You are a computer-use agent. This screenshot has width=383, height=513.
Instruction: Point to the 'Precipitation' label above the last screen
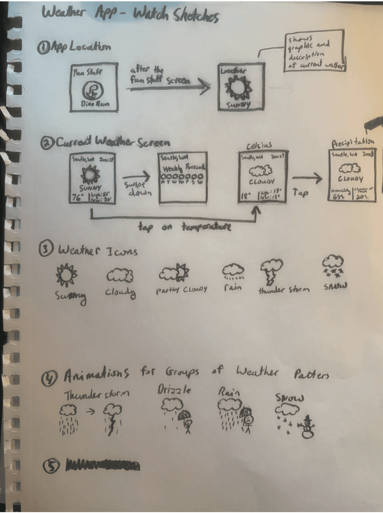click(352, 142)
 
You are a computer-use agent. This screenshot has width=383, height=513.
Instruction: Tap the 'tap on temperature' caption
click(184, 227)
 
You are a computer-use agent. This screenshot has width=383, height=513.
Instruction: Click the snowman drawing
click(307, 427)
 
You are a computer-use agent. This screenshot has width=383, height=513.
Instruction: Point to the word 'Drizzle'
click(174, 390)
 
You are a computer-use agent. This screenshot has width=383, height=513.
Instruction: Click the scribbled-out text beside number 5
click(102, 466)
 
